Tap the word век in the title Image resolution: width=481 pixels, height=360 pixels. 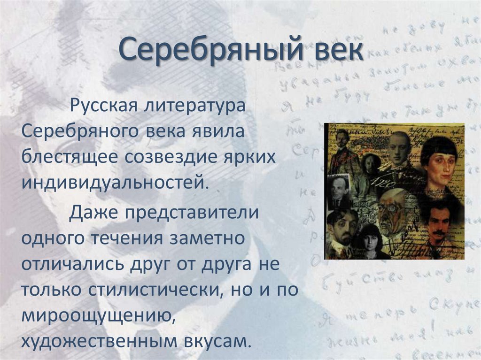(x=335, y=51)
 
